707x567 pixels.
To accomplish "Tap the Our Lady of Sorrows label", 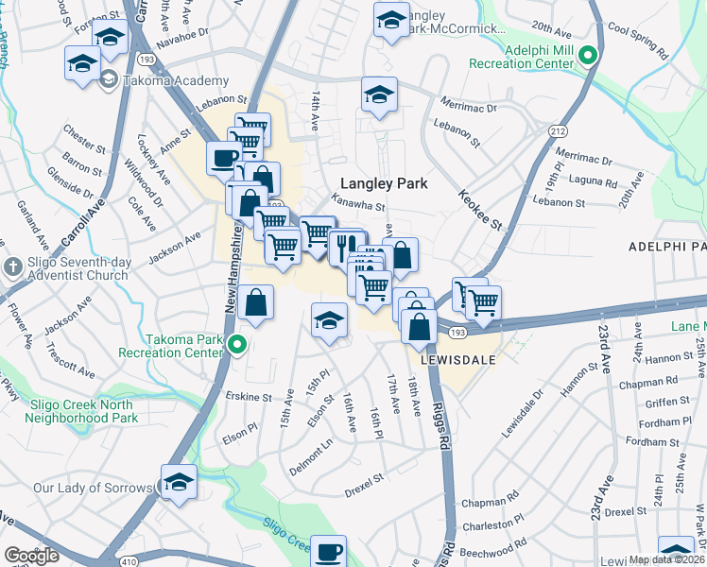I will (93, 488).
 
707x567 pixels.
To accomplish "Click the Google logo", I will (31, 556).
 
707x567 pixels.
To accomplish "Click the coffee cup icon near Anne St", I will (223, 158).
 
